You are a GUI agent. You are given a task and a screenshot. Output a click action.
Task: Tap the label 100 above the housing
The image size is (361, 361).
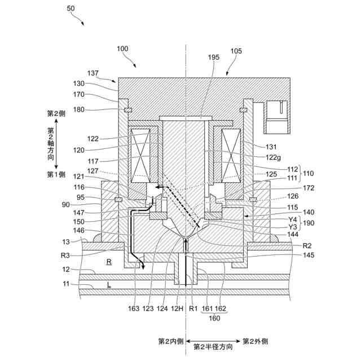pos(122,49)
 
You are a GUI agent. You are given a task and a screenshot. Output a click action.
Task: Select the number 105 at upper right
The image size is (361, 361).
pos(236,51)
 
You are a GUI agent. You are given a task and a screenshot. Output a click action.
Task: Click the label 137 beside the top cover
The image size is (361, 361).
pos(94,73)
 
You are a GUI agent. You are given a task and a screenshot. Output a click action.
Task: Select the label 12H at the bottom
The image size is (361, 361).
pos(177,309)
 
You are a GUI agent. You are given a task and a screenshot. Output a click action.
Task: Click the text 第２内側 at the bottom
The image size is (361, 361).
pos(169,341)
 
